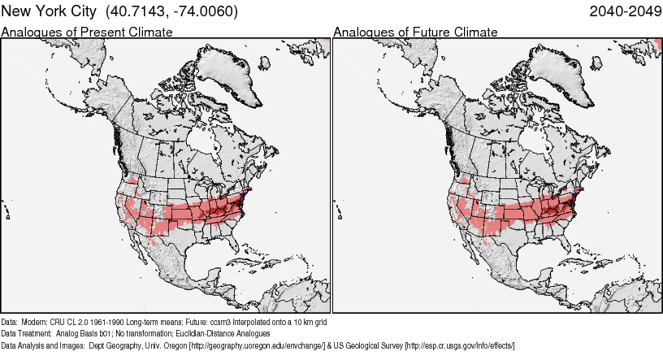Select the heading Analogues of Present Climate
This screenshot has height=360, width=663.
pyautogui.click(x=87, y=32)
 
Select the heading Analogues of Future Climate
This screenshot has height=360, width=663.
pyautogui.click(x=415, y=32)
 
